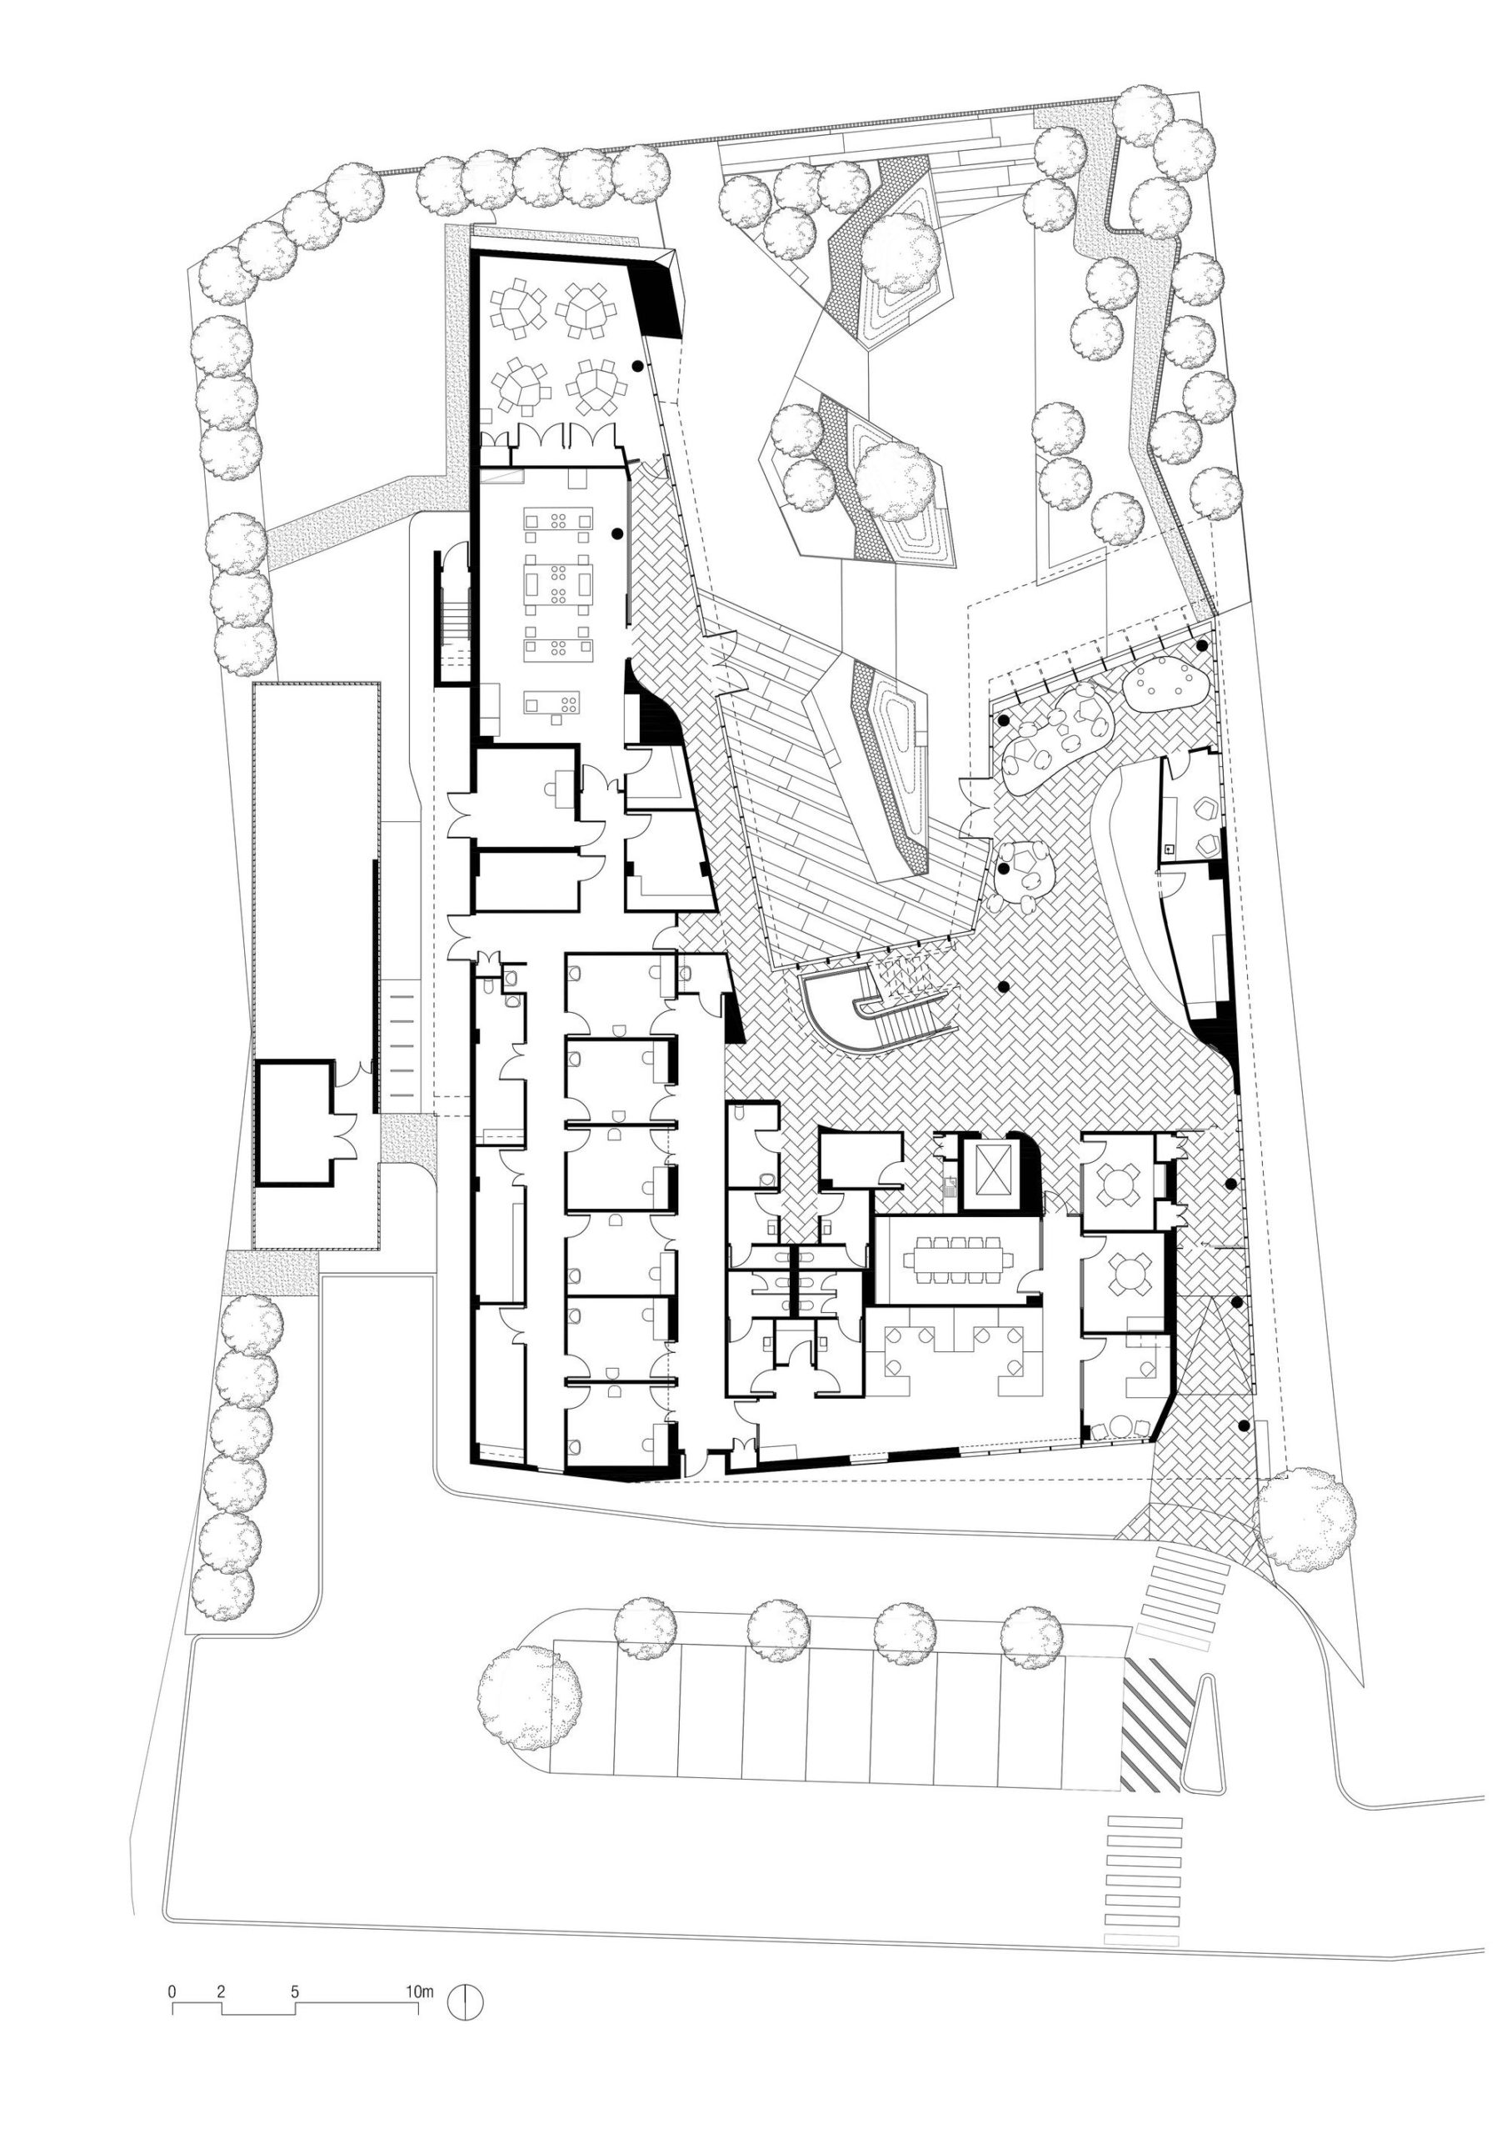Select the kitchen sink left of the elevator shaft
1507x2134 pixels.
pos(948,1187)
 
